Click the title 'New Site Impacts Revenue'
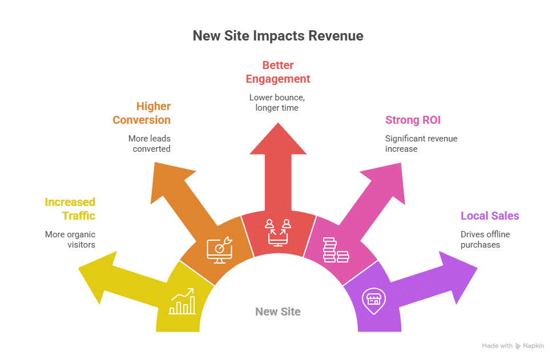click(x=277, y=36)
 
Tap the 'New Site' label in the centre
click(x=277, y=312)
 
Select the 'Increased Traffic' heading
click(x=70, y=209)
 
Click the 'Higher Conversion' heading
click(x=142, y=113)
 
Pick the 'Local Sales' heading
click(x=490, y=216)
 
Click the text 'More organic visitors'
click(x=70, y=239)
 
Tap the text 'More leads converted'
click(x=149, y=143)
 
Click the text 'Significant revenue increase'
click(x=421, y=143)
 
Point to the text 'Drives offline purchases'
click(x=485, y=239)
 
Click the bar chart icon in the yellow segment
click(x=182, y=302)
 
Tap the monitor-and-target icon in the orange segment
click(x=219, y=249)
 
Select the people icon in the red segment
click(x=278, y=231)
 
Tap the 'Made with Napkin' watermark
click(x=513, y=346)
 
